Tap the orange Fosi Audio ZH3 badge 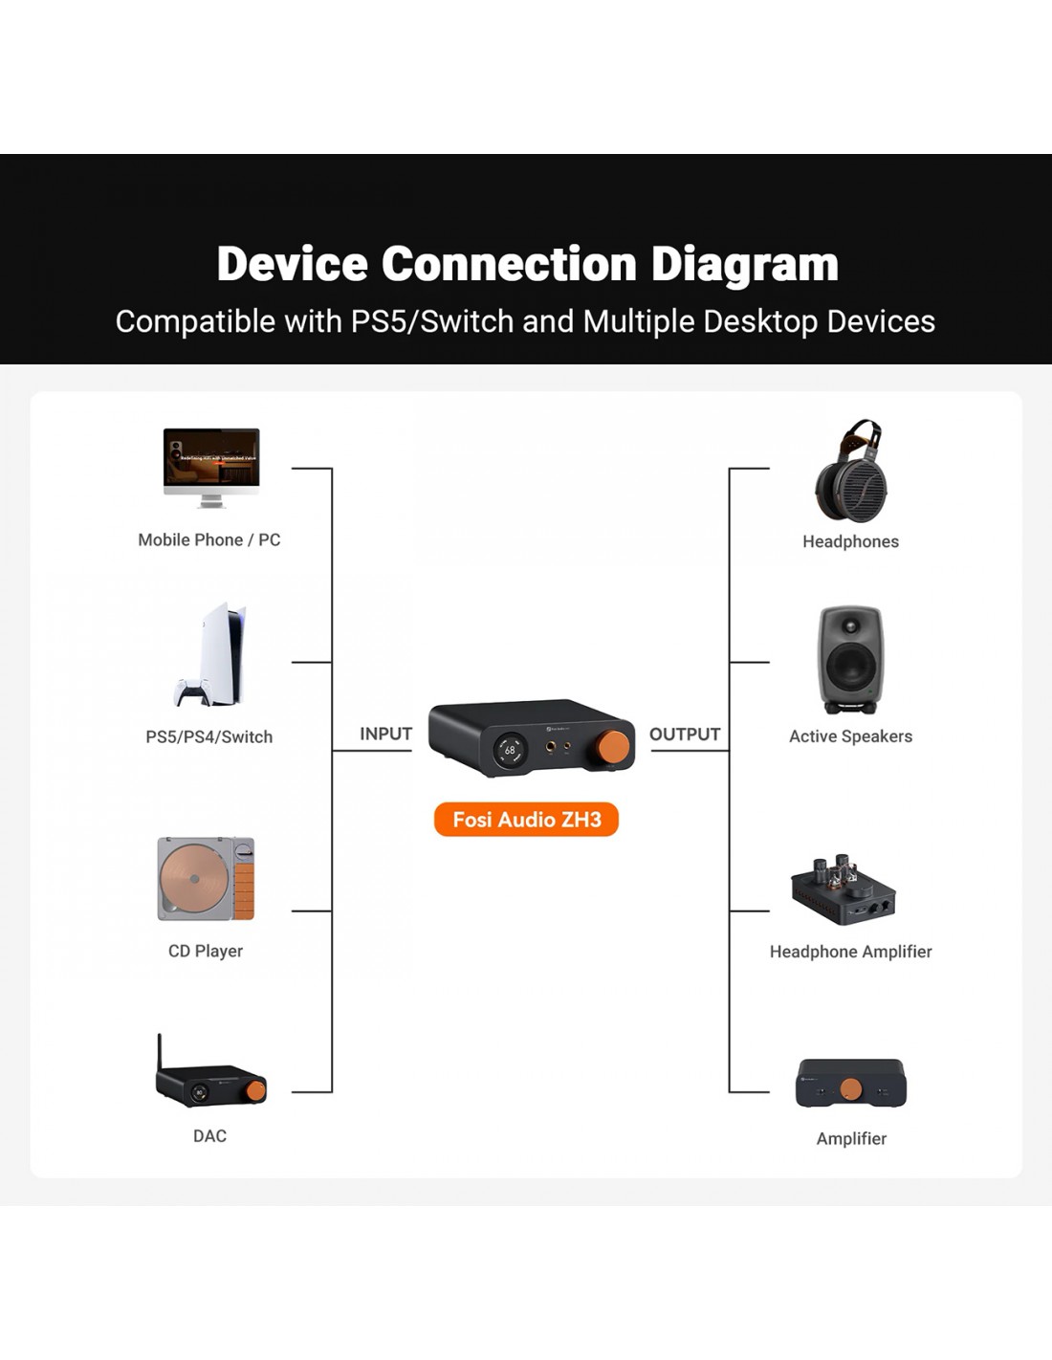point(526,820)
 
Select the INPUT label point(385,734)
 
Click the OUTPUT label point(685,735)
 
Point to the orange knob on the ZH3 point(614,747)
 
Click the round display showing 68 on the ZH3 point(510,750)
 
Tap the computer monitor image point(211,461)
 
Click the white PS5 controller point(193,691)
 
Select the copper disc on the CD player point(195,879)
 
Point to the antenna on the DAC point(160,1051)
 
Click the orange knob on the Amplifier point(851,1088)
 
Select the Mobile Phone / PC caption point(209,540)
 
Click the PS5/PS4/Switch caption point(208,737)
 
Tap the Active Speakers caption point(850,736)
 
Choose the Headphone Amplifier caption point(850,952)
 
